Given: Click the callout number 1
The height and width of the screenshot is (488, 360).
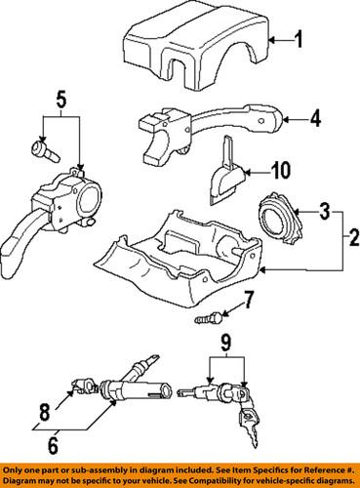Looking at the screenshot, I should [301, 41].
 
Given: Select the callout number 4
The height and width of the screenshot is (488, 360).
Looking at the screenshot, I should [314, 122].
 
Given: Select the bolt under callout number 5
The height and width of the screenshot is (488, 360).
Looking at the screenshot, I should [44, 150].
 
